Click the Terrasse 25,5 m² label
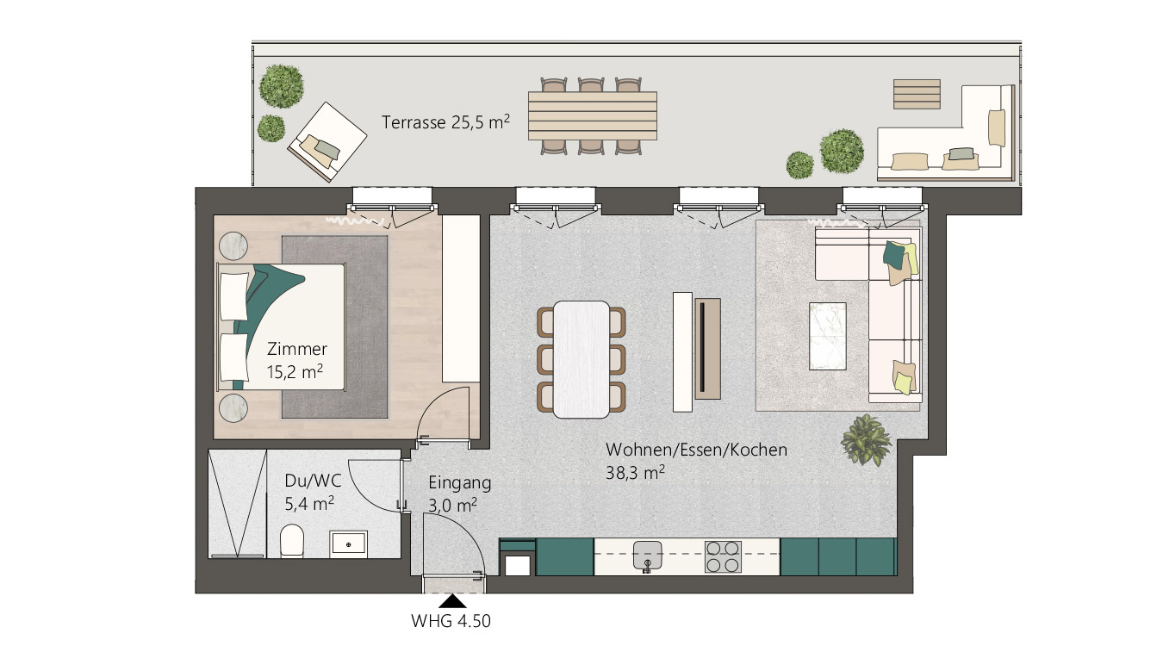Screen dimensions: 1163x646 point(445,122)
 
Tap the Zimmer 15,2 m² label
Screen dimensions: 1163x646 point(296,360)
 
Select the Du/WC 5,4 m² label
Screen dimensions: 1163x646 point(313,492)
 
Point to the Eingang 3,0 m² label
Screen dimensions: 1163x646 point(459,494)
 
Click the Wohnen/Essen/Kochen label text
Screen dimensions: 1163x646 point(696,450)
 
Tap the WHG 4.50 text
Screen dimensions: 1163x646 point(451,621)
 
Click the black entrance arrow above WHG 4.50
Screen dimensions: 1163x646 point(453,601)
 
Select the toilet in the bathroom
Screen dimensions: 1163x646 point(291,541)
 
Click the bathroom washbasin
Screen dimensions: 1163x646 point(348,544)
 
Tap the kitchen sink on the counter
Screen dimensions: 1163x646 point(648,555)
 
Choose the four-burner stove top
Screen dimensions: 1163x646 point(723,556)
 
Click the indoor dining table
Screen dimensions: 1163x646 point(581,359)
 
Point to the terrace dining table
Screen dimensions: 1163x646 point(593,115)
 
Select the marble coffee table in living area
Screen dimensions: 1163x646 point(828,336)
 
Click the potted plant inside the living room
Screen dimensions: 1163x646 point(866,439)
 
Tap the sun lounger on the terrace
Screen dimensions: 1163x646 point(327,142)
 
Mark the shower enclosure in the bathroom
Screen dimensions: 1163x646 point(237,504)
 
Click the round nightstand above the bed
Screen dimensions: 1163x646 point(233,245)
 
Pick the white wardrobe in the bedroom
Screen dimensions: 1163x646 point(461,299)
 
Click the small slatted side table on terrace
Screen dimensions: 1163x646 point(917,94)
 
